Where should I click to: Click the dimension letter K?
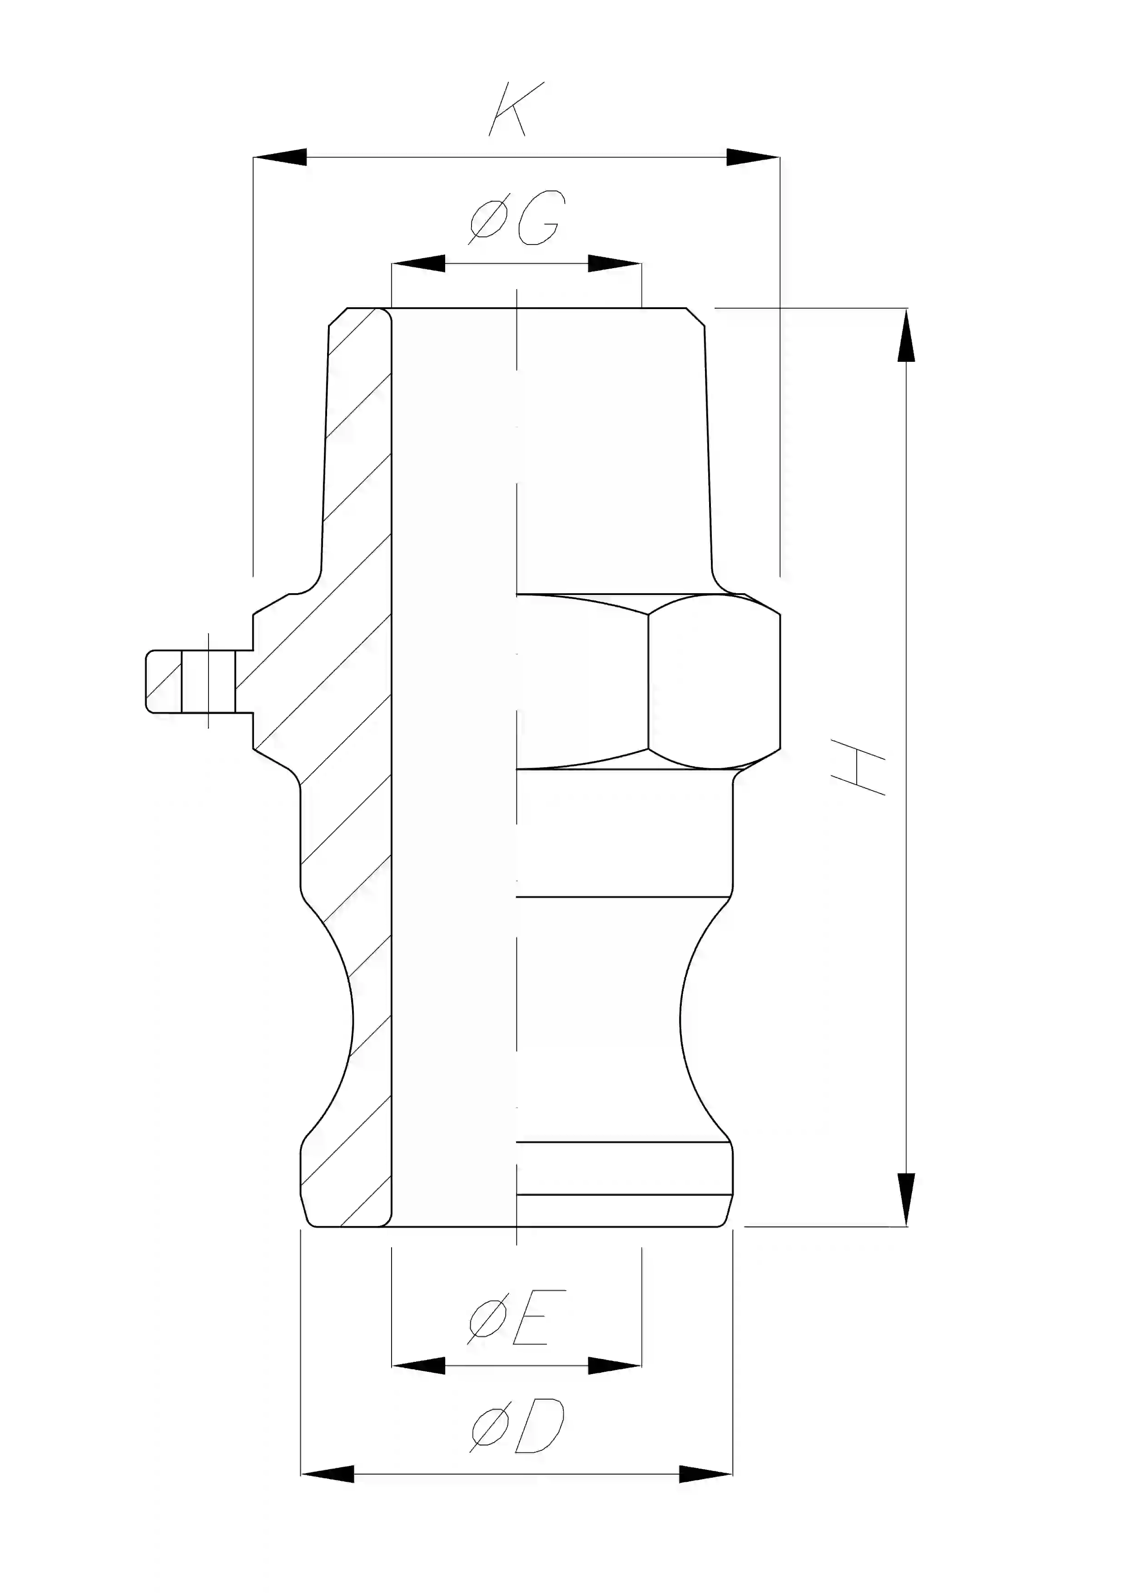(x=516, y=109)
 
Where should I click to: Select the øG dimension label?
(x=516, y=218)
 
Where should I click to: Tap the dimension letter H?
(x=859, y=767)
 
